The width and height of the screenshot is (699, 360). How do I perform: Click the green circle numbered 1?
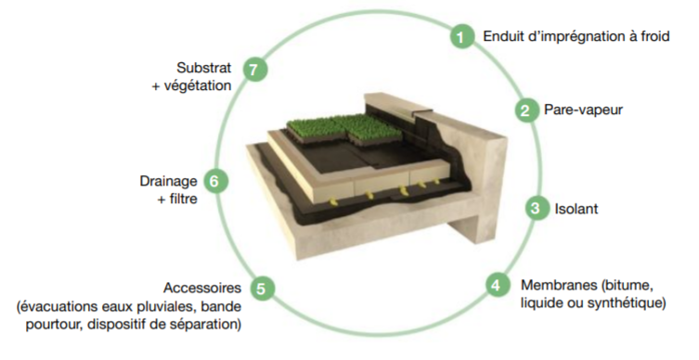[x=461, y=36]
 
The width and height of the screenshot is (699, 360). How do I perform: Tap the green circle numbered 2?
[x=525, y=109]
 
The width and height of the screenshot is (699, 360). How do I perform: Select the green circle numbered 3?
[x=536, y=208]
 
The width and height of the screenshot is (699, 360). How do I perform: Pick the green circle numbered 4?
[x=497, y=284]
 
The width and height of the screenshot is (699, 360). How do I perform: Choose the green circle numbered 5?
[x=261, y=289]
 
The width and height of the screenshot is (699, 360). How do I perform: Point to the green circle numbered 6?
[x=214, y=181]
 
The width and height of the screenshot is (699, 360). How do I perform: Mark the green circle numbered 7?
[x=254, y=70]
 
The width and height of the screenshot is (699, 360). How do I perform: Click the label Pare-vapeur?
[x=583, y=109]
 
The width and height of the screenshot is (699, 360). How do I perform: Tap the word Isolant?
[x=576, y=209]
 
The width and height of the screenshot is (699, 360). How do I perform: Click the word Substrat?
[x=203, y=68]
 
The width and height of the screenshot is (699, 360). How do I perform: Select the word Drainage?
[x=168, y=181]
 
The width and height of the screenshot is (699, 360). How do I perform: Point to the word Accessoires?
[x=202, y=288]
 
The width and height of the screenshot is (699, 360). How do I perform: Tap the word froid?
[x=654, y=35]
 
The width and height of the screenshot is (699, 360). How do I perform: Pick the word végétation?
[x=198, y=86]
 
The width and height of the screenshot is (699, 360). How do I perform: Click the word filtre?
[x=183, y=199]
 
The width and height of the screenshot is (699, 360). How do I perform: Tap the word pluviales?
[x=171, y=307]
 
